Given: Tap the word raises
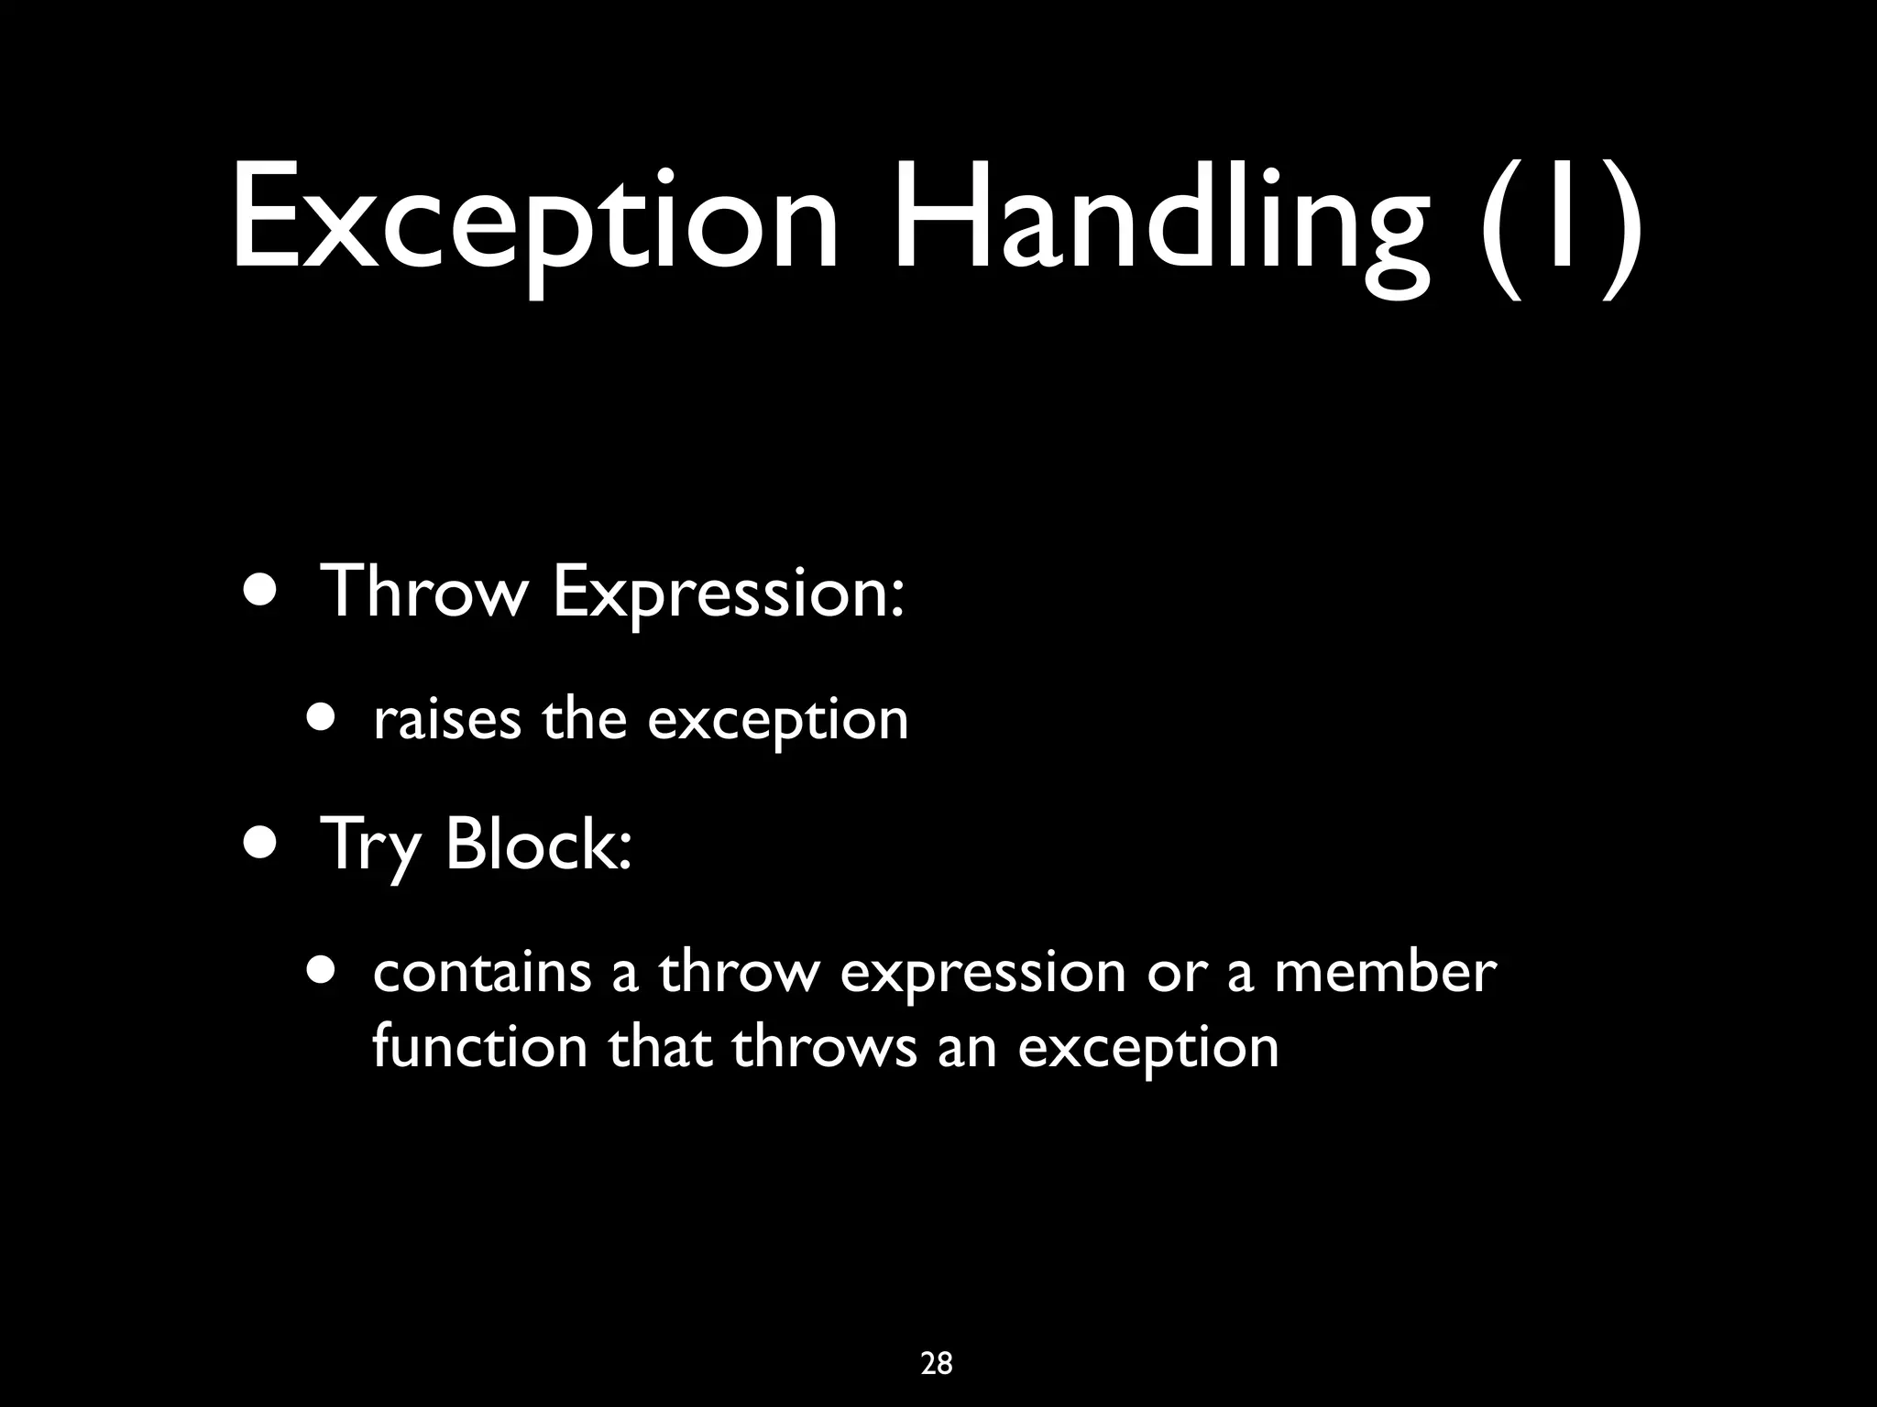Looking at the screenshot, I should coord(447,719).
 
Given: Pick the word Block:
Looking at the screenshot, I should coord(539,844).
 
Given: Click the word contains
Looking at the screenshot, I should coord(481,972).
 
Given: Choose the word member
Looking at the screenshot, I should coord(1385,972).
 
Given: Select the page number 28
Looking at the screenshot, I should coord(936,1364).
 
